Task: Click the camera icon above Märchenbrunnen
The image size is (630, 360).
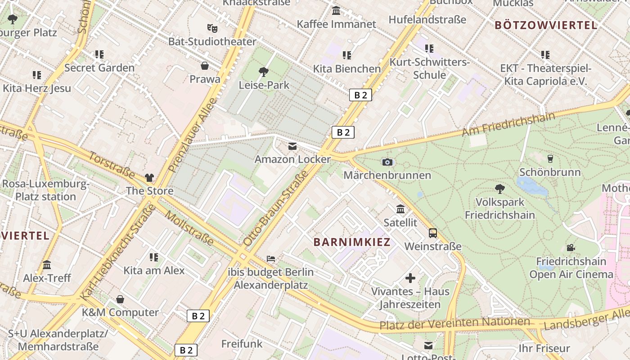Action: click(x=387, y=162)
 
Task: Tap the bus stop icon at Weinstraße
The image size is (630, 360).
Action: click(x=432, y=233)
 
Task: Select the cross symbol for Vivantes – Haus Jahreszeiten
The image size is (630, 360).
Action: click(x=410, y=278)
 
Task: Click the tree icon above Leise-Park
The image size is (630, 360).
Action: click(x=264, y=72)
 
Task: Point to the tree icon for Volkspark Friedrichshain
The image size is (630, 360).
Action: click(x=499, y=189)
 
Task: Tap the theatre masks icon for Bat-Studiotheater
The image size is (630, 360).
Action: click(x=212, y=28)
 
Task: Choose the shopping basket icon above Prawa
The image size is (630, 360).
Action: click(x=205, y=66)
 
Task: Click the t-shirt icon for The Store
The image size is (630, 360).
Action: click(x=149, y=178)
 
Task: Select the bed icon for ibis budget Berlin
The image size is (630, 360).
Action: click(x=271, y=259)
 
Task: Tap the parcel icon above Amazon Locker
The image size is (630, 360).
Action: click(x=292, y=146)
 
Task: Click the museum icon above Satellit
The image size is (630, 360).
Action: click(x=400, y=209)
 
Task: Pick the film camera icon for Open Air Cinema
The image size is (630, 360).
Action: click(x=571, y=247)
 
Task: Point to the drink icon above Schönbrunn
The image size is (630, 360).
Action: click(x=549, y=158)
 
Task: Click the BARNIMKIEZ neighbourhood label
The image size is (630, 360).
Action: click(x=352, y=242)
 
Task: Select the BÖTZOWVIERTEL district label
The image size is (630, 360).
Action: click(x=546, y=25)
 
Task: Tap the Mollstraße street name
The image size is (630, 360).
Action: click(x=189, y=228)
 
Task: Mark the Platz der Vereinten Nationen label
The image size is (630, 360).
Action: click(x=454, y=323)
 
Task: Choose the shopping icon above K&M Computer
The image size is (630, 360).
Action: click(x=120, y=299)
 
